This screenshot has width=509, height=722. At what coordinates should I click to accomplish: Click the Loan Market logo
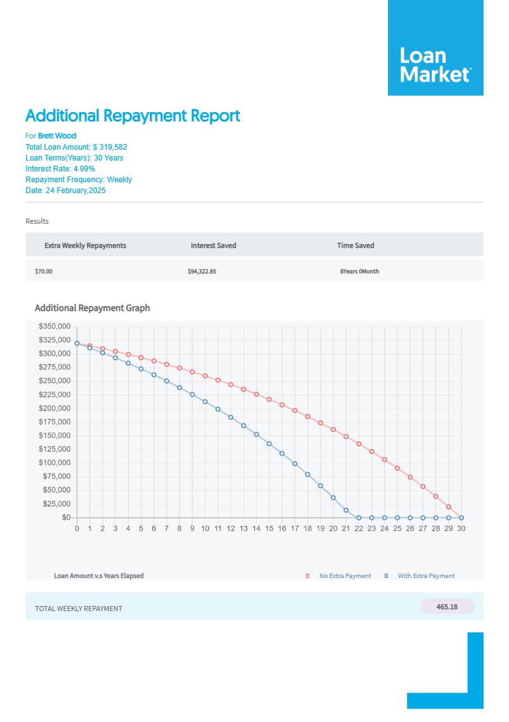(x=435, y=65)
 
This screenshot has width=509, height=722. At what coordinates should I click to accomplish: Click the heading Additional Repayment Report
(x=133, y=116)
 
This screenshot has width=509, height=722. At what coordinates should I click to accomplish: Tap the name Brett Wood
(x=57, y=136)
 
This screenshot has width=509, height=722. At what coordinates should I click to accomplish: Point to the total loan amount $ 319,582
(x=110, y=147)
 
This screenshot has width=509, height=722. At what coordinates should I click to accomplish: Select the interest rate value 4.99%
(x=84, y=169)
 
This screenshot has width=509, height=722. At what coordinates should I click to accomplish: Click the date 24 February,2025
(x=76, y=191)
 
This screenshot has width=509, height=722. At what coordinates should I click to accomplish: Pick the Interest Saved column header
(x=213, y=245)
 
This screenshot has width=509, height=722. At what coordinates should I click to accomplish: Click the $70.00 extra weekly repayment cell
(x=44, y=271)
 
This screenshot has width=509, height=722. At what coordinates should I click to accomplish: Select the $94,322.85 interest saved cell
(x=202, y=271)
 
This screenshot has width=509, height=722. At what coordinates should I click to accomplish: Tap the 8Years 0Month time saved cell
(x=359, y=271)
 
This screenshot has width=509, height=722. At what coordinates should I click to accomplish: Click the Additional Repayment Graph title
(x=92, y=308)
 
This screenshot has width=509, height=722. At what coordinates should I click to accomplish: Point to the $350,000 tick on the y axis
(x=55, y=326)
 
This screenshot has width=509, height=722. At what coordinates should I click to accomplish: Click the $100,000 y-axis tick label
(x=55, y=463)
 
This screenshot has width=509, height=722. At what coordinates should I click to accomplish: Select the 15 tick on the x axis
(x=269, y=528)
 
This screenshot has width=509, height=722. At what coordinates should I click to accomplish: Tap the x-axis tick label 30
(x=461, y=528)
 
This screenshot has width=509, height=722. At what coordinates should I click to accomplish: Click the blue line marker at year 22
(x=359, y=517)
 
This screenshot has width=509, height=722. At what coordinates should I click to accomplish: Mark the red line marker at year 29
(x=448, y=507)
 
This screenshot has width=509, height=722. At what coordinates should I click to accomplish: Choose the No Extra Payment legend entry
(x=345, y=576)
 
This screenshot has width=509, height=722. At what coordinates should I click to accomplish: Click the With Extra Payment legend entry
(x=426, y=576)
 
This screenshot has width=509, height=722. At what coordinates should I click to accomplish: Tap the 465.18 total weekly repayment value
(x=447, y=607)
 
